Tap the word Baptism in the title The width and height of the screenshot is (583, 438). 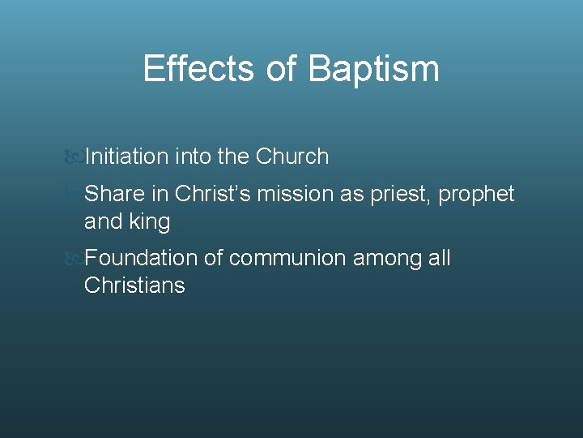[x=373, y=69]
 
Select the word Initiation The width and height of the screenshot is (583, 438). [x=126, y=157]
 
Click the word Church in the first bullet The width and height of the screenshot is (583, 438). [x=292, y=157]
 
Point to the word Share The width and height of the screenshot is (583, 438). [x=113, y=195]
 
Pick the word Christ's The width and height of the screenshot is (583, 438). [x=213, y=195]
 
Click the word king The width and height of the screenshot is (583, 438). [x=150, y=221]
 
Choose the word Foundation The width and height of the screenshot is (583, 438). [x=141, y=259]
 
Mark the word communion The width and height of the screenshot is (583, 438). [x=287, y=259]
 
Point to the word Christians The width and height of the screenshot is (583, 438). [x=134, y=286]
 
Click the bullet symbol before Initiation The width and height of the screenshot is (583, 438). [x=74, y=157]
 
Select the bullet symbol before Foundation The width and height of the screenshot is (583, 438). [x=74, y=260]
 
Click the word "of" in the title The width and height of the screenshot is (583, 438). [x=281, y=69]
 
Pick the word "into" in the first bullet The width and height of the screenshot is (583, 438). [x=194, y=157]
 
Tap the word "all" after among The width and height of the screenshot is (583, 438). [x=440, y=259]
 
